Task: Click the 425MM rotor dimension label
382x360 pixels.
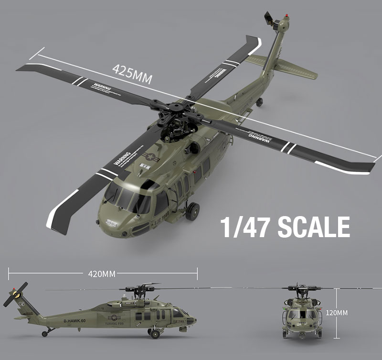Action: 132,73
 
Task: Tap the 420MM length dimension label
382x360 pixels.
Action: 102,274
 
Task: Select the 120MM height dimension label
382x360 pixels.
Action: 337,312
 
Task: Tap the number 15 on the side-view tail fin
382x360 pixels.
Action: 21,304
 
